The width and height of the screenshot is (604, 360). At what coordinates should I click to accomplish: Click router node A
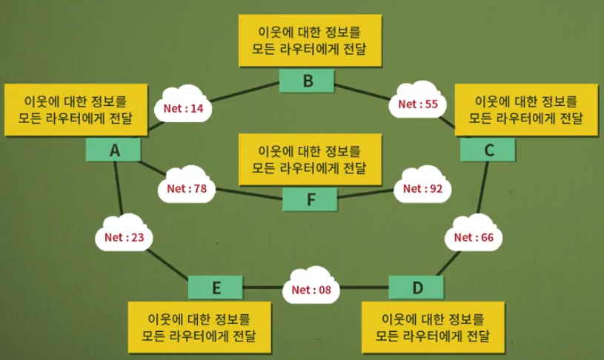(x=114, y=150)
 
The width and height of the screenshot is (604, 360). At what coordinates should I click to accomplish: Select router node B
(x=308, y=81)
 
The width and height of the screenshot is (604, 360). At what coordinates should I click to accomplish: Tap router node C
(x=488, y=150)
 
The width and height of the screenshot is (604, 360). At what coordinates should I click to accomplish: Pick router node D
(x=417, y=287)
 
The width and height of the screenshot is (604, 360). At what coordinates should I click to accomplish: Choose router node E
(x=216, y=287)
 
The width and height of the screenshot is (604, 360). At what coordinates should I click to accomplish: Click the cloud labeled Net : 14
(x=183, y=108)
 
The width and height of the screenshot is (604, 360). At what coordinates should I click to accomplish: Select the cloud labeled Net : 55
(x=418, y=103)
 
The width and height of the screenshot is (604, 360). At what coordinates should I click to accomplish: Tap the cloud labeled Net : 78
(x=186, y=188)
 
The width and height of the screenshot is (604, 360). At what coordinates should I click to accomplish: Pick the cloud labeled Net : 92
(x=422, y=188)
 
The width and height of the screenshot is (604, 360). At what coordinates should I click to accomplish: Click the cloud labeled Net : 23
(x=123, y=237)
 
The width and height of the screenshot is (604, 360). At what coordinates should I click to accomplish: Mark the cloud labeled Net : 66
(x=474, y=237)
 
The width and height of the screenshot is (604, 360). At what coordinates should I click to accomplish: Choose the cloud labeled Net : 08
(x=311, y=289)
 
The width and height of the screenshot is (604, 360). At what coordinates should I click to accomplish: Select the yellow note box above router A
(x=76, y=110)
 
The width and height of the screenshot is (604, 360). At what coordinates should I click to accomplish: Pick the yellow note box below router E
(x=198, y=327)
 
